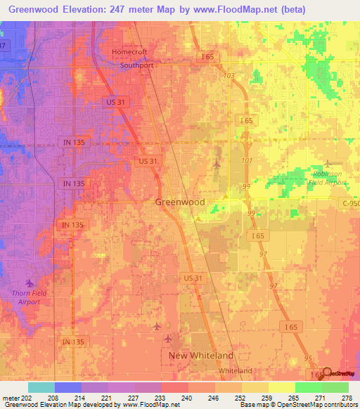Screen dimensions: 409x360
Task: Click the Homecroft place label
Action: coord(134,51)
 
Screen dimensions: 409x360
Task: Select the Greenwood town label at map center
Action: coord(180,202)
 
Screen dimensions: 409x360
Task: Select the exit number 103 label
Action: coord(227,75)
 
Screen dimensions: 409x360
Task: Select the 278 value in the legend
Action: coord(343,397)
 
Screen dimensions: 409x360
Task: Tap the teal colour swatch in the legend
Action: coord(41,387)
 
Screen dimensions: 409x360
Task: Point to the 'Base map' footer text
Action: coord(254,405)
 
